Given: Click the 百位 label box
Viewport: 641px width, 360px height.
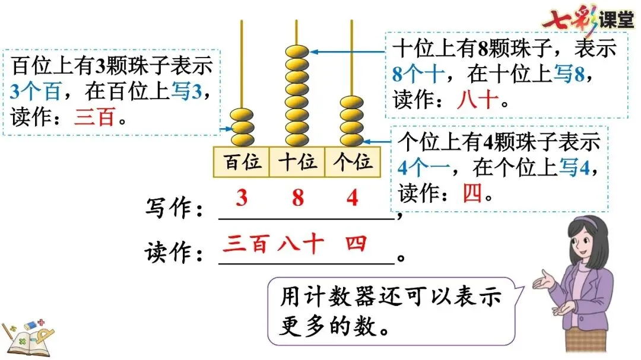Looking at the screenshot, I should [242, 161].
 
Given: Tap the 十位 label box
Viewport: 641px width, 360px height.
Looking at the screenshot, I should [297, 161].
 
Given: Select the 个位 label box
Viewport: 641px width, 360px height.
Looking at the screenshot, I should [353, 161].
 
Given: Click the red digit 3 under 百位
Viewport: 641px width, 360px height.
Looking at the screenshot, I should [241, 198].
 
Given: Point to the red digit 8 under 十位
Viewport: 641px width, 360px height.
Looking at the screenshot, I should [297, 198].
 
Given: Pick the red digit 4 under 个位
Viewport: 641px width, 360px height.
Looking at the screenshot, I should [353, 198].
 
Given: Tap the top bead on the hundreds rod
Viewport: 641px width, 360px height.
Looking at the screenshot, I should [242, 114].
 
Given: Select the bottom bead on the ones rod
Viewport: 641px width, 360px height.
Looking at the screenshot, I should [352, 140].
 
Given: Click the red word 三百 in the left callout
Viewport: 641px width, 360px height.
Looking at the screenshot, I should [94, 118].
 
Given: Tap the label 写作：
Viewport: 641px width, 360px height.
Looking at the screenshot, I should [176, 209].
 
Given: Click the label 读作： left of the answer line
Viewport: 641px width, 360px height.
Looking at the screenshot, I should [176, 253].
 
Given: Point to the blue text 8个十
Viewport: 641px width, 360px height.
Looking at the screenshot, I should [418, 74].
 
